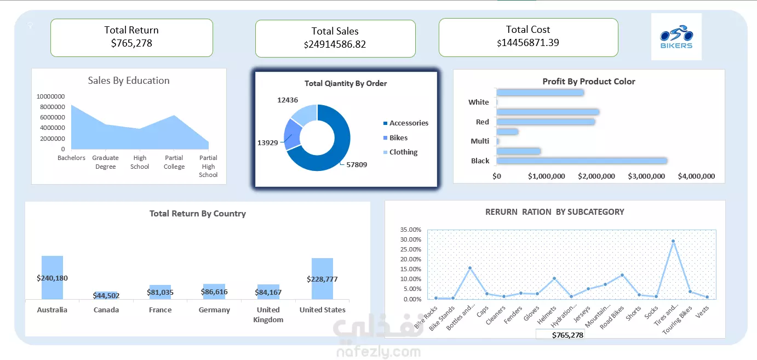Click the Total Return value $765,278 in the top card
coord(131,43)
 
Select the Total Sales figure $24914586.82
coord(335,44)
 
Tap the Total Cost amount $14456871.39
coord(528,43)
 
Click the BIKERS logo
coord(676,37)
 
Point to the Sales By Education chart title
coord(129,81)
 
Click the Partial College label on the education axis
coord(174,162)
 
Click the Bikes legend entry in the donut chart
coord(398,138)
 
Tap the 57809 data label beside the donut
coord(357,164)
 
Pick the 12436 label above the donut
coord(288,100)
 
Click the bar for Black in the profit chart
coord(581,161)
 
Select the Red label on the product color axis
coord(482,122)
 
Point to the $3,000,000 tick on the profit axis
coord(647,176)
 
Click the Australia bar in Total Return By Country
coord(52,277)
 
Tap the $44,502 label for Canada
coord(106,296)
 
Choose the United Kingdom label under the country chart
coord(268,315)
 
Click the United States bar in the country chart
coord(323,278)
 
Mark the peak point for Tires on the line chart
coord(673,241)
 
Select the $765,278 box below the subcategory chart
coord(560,335)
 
